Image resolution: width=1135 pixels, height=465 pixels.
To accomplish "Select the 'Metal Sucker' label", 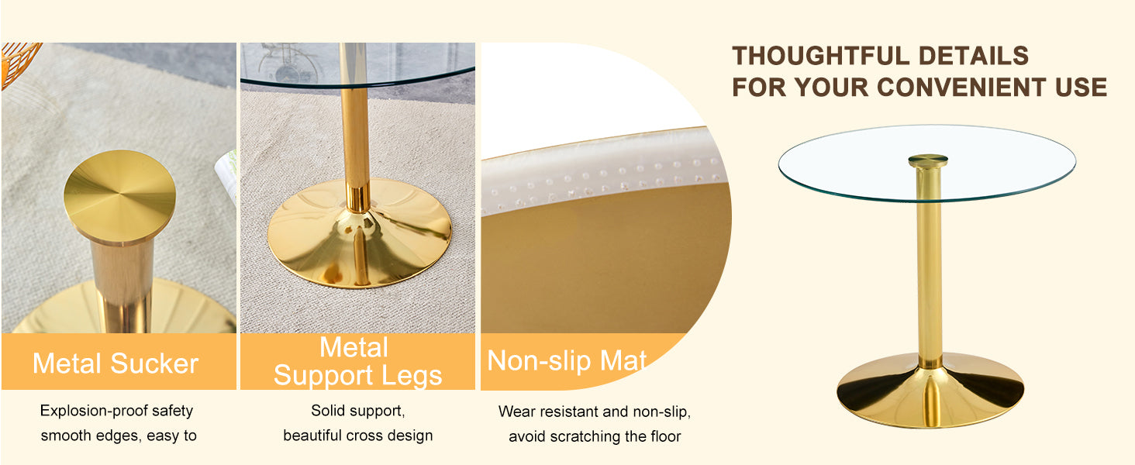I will (116, 363).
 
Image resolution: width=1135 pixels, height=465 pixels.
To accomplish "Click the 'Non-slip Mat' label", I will (567, 361).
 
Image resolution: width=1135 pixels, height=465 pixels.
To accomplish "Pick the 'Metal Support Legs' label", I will (357, 362).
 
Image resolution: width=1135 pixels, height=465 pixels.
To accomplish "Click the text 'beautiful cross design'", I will (357, 436).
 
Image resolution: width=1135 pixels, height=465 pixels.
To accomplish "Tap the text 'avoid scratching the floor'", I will (595, 437).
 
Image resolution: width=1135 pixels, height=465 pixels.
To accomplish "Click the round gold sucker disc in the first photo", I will (119, 195).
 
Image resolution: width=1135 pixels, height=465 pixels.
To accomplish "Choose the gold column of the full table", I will (929, 271).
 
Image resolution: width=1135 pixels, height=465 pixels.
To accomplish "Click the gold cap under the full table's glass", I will (928, 160).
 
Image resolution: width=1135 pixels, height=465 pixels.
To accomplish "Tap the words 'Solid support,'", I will (357, 411).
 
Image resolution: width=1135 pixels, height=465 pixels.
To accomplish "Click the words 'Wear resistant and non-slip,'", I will (594, 412).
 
